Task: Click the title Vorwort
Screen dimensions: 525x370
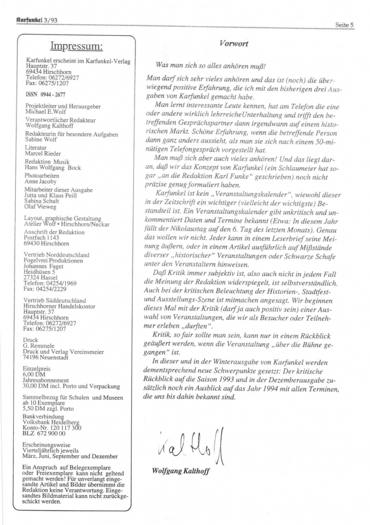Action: pos(234,44)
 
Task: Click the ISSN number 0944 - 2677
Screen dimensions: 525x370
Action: pos(45,95)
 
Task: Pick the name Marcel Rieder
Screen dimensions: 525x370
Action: pos(43,154)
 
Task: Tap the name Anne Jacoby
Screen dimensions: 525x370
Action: pos(41,182)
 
